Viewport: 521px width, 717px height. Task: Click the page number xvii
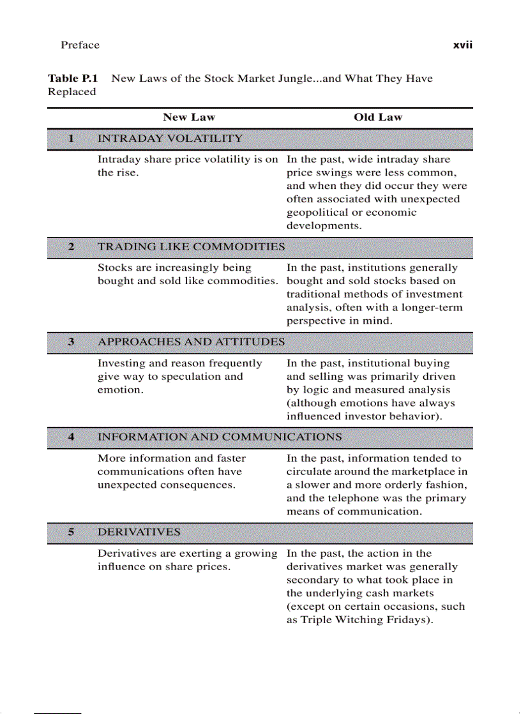coord(462,45)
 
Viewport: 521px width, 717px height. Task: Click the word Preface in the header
coord(80,45)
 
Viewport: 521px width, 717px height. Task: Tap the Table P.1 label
coord(73,79)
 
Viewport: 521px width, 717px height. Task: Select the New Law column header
coord(189,117)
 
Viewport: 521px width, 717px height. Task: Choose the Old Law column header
coord(378,117)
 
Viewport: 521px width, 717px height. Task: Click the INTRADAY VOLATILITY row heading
coord(170,138)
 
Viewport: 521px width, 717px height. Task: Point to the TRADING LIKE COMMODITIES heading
coord(191,246)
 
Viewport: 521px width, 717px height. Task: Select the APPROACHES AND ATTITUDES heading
coord(191,342)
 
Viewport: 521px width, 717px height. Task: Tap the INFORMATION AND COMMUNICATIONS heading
coord(220,437)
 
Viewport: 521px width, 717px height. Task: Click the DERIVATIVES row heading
coord(139,532)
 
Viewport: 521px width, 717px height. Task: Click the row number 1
coord(71,138)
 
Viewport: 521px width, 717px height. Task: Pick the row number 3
coord(71,342)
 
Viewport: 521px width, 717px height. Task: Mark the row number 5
coord(71,532)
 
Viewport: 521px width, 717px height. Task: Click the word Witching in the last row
coord(359,620)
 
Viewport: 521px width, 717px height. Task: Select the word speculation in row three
coord(191,377)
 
